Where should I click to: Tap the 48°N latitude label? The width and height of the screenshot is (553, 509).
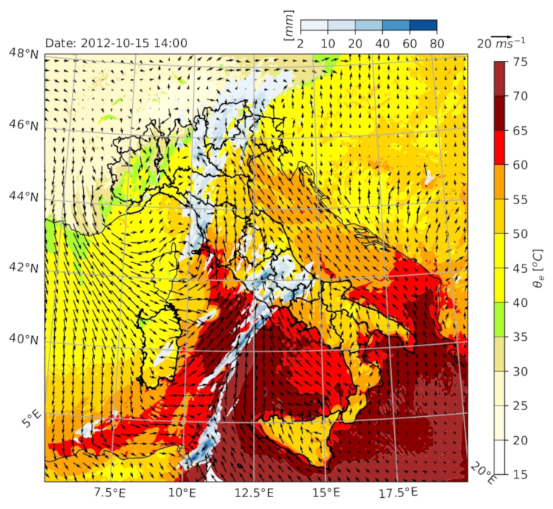(24, 54)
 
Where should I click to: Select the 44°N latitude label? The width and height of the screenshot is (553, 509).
(24, 196)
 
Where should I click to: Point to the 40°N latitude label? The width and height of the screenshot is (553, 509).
(24, 340)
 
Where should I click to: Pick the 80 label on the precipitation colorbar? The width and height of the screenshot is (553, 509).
(436, 44)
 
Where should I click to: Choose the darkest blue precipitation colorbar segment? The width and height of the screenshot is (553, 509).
(423, 26)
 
